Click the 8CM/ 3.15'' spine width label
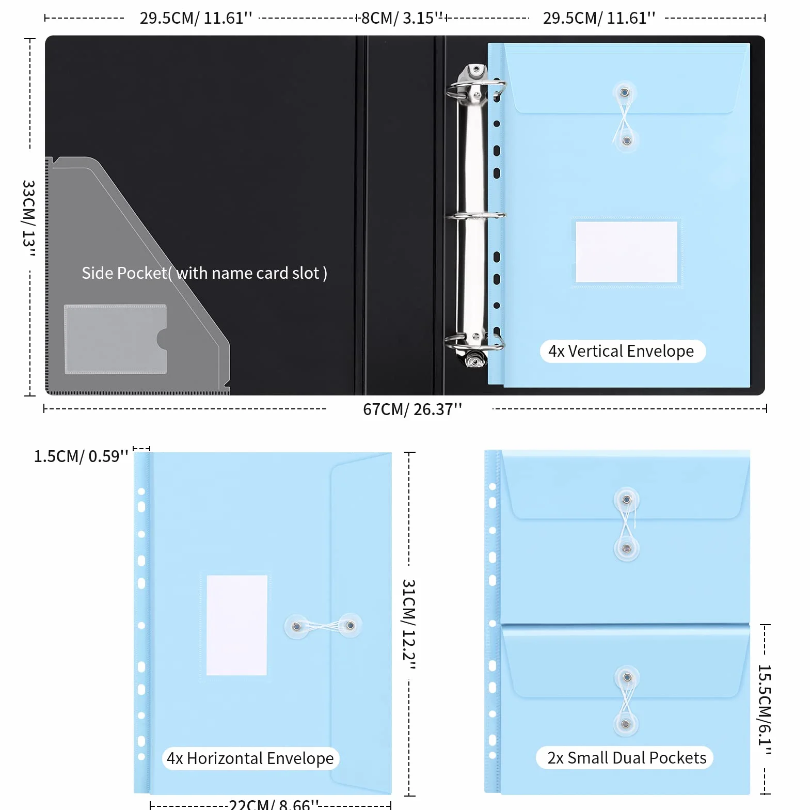click(x=402, y=18)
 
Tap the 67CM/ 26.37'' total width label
click(x=412, y=409)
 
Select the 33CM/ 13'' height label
click(x=28, y=218)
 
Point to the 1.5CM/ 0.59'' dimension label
click(x=81, y=456)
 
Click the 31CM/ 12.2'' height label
click(x=409, y=624)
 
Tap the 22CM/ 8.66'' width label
click(x=274, y=804)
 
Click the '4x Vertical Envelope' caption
click(x=621, y=351)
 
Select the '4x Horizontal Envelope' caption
click(x=250, y=758)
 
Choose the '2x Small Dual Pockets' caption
click(x=626, y=758)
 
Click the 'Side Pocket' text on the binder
click(x=124, y=273)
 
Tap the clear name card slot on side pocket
click(x=115, y=339)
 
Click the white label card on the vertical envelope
click(x=626, y=252)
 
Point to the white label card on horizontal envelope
click(x=237, y=625)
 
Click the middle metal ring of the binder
click(x=475, y=215)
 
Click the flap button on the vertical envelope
click(x=625, y=93)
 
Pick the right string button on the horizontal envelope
click(x=350, y=626)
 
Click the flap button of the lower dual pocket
click(x=627, y=677)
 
